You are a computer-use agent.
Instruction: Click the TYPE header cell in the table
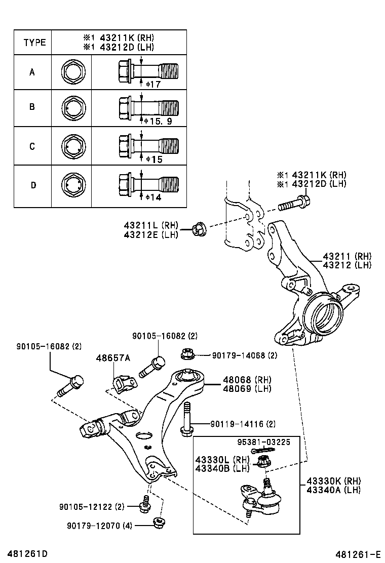click(34, 43)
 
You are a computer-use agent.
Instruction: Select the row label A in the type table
click(32, 72)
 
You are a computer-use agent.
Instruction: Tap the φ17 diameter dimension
click(152, 84)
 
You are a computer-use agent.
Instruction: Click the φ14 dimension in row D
click(152, 196)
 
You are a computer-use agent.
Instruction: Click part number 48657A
click(113, 358)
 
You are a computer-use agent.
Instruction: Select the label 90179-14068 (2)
click(245, 355)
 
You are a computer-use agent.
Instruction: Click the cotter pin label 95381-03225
click(264, 442)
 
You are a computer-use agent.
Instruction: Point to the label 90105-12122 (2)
click(91, 506)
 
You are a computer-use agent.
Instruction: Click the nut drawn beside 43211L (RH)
click(199, 229)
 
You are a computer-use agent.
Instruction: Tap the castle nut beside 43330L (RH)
click(263, 461)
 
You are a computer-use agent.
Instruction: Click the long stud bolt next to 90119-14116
click(186, 417)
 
